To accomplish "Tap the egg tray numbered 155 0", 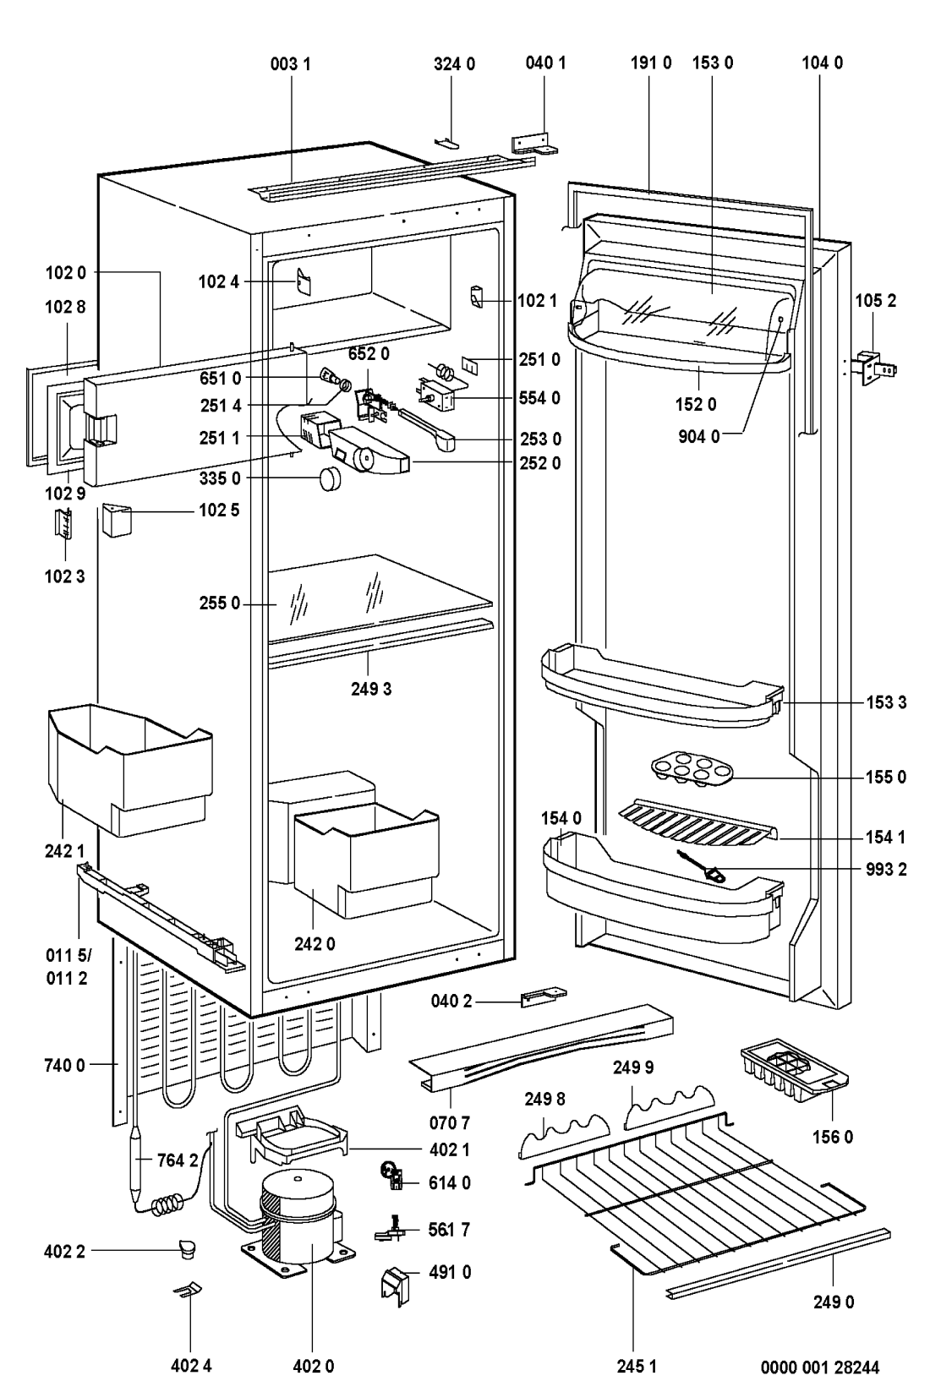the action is point(692,771).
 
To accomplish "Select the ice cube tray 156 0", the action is point(795,1070).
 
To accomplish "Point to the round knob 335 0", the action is point(331,480).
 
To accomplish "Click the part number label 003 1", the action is point(290,64).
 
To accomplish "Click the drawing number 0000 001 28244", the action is point(820,1367).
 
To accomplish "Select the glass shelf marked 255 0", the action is point(380,598).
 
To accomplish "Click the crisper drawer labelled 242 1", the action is point(130,769).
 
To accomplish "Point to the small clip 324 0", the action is point(447,144).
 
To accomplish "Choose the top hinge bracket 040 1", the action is point(534,145).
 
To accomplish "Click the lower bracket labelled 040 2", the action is point(544,997).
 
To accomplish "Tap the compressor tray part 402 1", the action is point(293,1138).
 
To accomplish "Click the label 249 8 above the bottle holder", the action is point(544,1100).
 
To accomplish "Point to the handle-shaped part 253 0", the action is point(429,429).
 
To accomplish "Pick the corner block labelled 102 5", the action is point(118,520).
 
